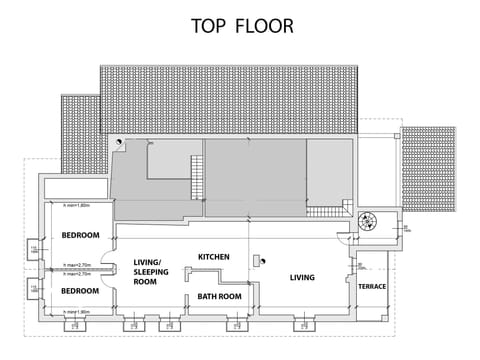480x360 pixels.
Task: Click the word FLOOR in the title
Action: (265, 26)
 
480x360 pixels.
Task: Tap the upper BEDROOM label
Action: (80, 236)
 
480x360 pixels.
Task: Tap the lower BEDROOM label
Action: (80, 290)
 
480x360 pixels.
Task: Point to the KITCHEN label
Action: (214, 257)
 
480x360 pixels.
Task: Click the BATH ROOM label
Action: (219, 296)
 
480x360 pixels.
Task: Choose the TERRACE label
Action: (372, 287)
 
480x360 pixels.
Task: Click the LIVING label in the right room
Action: (302, 277)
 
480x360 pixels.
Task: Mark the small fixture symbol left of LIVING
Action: (257, 261)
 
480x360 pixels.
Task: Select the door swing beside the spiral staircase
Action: (346, 236)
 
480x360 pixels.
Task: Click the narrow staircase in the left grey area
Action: (196, 184)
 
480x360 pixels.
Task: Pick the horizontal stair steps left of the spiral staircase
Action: (327, 212)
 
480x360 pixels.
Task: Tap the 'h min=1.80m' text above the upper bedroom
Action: (77, 205)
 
